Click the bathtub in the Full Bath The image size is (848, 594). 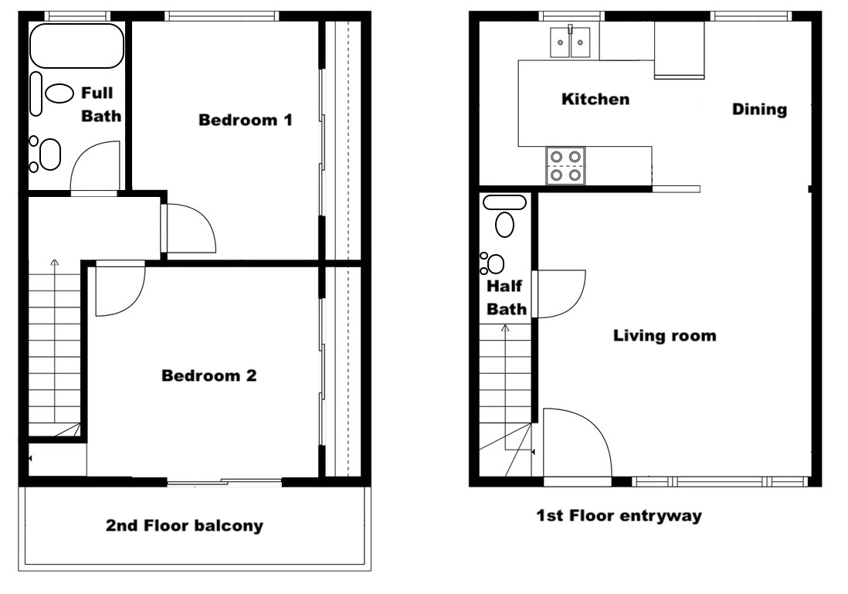(x=76, y=46)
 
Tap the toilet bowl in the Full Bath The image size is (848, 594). (x=59, y=93)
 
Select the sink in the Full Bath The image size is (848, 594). (x=50, y=154)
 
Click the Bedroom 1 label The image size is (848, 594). (x=246, y=120)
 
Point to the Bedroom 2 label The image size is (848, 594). (x=209, y=375)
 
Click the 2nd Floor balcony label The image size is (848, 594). (x=185, y=525)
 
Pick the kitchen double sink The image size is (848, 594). (x=570, y=42)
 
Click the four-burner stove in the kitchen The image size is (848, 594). (x=565, y=165)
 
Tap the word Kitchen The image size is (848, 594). (x=595, y=99)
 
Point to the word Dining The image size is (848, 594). (x=759, y=109)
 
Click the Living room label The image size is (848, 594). (x=665, y=335)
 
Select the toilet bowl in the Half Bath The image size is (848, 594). (x=504, y=225)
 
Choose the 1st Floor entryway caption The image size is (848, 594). (x=619, y=515)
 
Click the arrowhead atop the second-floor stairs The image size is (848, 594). (x=54, y=263)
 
